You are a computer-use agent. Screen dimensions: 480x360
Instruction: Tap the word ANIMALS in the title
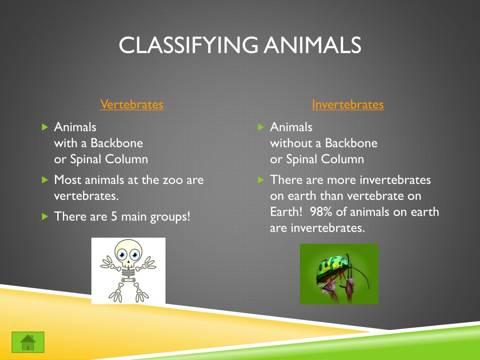click(313, 45)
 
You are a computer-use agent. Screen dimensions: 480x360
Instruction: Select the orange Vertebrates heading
click(132, 105)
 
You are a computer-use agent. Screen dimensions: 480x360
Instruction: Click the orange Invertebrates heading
click(348, 105)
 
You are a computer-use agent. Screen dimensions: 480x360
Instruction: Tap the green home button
click(28, 342)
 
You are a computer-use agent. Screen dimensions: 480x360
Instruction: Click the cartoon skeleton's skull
click(128, 253)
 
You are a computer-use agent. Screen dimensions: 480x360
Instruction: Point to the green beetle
click(335, 271)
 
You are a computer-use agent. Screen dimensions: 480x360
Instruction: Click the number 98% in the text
click(321, 212)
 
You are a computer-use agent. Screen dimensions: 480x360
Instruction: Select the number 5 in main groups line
click(114, 217)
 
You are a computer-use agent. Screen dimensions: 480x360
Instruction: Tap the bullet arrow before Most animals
click(45, 180)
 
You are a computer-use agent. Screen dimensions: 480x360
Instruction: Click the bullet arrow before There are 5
click(45, 217)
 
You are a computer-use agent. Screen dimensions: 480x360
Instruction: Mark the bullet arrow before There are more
click(261, 180)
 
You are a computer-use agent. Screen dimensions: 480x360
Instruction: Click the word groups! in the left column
click(170, 217)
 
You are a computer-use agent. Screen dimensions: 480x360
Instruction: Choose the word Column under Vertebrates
click(127, 159)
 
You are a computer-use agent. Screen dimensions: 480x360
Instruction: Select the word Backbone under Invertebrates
click(351, 143)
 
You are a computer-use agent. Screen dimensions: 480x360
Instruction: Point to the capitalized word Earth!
click(286, 212)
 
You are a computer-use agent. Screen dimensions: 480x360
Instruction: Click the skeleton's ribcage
click(128, 271)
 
